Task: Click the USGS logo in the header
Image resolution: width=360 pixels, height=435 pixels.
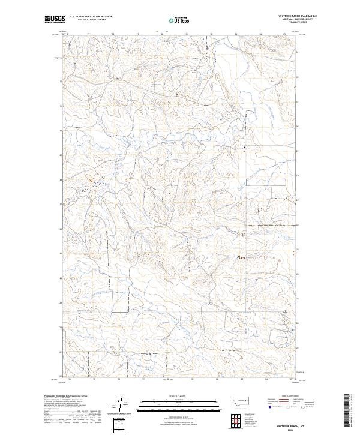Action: pyautogui.click(x=54, y=19)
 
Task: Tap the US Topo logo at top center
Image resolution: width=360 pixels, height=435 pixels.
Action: pyautogui.click(x=180, y=20)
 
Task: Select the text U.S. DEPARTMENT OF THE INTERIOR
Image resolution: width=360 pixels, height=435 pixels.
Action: pyautogui.click(x=91, y=17)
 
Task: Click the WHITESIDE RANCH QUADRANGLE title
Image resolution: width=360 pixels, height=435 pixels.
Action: pyautogui.click(x=296, y=16)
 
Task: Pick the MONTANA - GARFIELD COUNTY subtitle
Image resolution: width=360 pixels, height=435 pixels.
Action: pyautogui.click(x=296, y=19)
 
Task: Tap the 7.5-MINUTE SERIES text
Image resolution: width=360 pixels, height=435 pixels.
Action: pyautogui.click(x=296, y=22)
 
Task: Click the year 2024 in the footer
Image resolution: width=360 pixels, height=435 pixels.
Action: pyautogui.click(x=292, y=428)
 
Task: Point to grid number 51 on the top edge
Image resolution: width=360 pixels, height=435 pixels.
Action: pyautogui.click(x=187, y=34)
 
